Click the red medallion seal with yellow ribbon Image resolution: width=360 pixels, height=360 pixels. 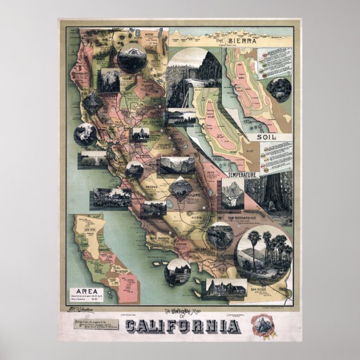261,324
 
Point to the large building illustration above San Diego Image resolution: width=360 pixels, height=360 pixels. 227,287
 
